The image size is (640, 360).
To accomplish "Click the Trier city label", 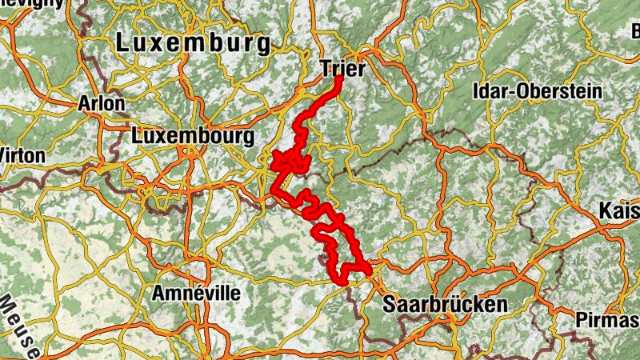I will tap(342, 70).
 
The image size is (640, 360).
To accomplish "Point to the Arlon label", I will tap(102, 104).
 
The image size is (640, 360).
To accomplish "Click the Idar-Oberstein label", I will tap(537, 90).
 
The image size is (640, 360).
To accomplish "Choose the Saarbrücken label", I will tap(445, 305).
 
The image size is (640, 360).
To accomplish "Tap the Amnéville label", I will tap(196, 293).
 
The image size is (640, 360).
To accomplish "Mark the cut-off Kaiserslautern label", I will tap(620, 213).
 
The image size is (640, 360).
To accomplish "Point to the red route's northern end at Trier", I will tap(338, 78).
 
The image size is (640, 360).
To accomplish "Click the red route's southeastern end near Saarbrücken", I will tap(370, 271).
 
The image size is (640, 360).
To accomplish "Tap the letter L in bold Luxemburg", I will tap(123, 43).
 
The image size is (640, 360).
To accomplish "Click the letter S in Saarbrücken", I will tap(390, 305).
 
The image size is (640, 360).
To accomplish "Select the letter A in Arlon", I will tap(84, 104).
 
